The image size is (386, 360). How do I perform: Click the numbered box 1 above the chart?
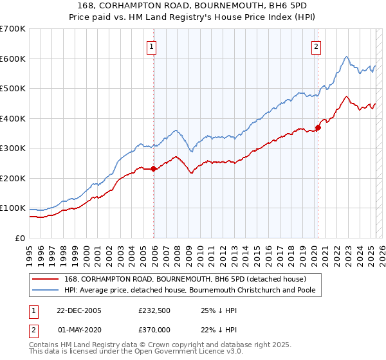(151, 46)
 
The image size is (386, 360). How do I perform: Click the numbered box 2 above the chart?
(317, 46)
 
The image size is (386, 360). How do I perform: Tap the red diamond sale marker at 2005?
(154, 169)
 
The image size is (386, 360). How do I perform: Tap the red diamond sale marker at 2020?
(318, 127)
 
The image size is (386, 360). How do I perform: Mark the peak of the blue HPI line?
(346, 57)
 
